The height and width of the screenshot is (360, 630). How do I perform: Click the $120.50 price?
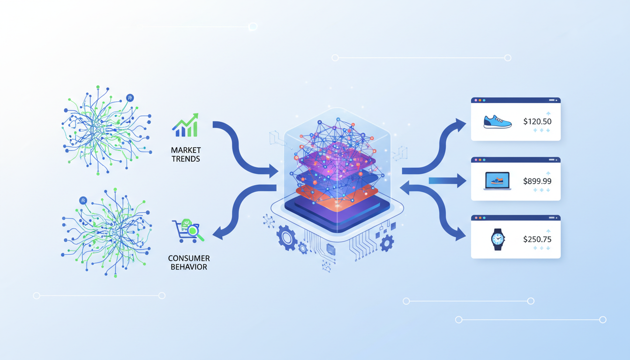click(x=537, y=121)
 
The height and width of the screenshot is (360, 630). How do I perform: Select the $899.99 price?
click(x=537, y=181)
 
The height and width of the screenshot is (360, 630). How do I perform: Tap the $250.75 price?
click(x=537, y=239)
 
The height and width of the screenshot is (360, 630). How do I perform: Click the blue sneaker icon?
click(x=497, y=122)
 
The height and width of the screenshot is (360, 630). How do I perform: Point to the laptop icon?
click(x=497, y=181)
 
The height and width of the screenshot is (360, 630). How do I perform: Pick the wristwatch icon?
click(x=497, y=239)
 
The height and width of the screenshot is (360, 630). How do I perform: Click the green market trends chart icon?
click(x=186, y=126)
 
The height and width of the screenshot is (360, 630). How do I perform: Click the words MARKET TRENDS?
click(x=186, y=155)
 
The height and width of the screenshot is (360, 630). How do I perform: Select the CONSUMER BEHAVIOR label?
click(x=189, y=262)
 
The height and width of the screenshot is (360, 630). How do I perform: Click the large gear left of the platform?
click(x=287, y=238)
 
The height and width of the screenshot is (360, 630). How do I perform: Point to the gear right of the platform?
click(x=387, y=243)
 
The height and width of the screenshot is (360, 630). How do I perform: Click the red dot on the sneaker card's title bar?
click(x=476, y=100)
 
